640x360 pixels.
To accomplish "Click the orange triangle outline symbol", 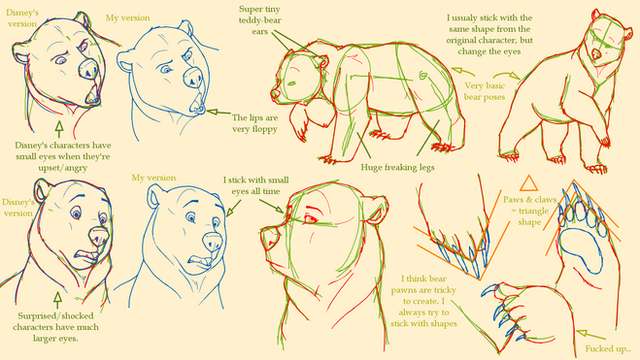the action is [529, 184].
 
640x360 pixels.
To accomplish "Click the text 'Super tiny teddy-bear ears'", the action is [260, 20].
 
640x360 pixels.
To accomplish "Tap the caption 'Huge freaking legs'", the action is [398, 167].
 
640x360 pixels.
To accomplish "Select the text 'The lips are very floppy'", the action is [255, 123].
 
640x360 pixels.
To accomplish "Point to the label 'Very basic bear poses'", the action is [484, 91].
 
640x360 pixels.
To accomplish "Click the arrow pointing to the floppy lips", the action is [219, 112].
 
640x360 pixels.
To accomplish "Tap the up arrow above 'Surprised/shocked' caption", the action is [58, 300].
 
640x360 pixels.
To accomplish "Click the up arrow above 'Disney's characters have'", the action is [60, 129].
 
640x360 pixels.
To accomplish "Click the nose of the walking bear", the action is [275, 94].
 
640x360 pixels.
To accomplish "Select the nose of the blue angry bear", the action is [193, 77].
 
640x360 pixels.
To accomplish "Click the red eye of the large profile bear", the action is [311, 220].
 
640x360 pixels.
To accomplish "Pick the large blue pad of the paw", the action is [581, 251].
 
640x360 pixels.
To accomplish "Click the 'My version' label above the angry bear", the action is [128, 18].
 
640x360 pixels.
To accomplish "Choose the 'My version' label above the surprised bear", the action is [154, 178].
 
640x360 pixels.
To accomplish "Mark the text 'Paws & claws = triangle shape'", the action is [530, 211].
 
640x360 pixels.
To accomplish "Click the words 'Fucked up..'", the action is [608, 349].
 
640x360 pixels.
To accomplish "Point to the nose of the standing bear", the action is [596, 54].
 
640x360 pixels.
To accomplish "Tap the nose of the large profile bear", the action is [271, 239].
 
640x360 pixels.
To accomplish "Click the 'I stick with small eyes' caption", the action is [256, 186].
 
